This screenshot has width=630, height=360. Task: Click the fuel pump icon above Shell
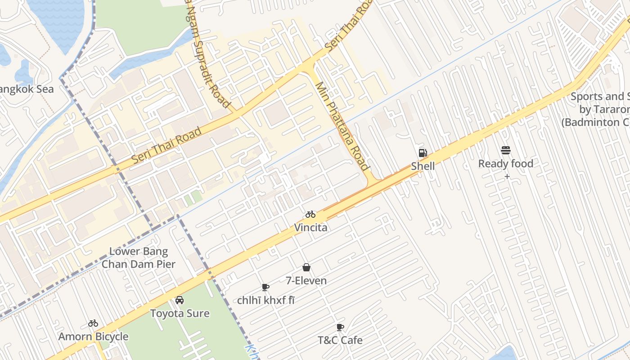click(x=423, y=153)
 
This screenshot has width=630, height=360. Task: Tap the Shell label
click(x=423, y=166)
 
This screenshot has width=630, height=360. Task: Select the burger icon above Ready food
click(x=506, y=150)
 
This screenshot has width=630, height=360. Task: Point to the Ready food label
click(x=505, y=164)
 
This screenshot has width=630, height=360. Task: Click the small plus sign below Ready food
click(x=507, y=176)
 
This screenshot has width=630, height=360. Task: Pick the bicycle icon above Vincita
click(x=310, y=214)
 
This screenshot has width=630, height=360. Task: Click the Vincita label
click(x=310, y=228)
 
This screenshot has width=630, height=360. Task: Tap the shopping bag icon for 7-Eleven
click(x=306, y=267)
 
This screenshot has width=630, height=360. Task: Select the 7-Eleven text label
click(x=306, y=281)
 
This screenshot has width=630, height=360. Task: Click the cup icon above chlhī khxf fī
click(x=265, y=287)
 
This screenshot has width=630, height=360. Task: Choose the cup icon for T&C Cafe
click(x=340, y=327)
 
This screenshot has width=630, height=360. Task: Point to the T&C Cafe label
click(x=340, y=340)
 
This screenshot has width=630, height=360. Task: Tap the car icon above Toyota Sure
click(x=180, y=300)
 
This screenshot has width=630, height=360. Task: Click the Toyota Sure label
click(x=180, y=313)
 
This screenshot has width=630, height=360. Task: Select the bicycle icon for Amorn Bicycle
click(x=93, y=323)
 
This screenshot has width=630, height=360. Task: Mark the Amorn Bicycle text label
click(x=93, y=337)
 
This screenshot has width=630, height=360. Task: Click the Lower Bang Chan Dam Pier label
click(x=138, y=258)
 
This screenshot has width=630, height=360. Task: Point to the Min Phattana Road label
click(x=342, y=126)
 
